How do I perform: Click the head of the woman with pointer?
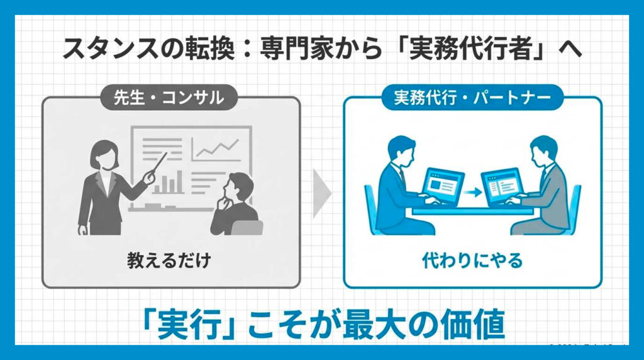click(103, 151)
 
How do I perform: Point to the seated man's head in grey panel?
click(240, 186)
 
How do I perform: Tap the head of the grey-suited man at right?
click(543, 150)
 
